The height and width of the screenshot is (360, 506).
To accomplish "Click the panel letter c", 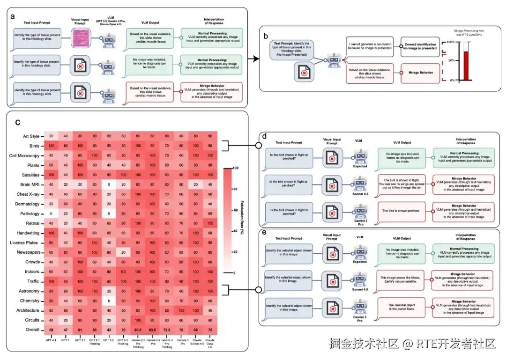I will click(x=18, y=123).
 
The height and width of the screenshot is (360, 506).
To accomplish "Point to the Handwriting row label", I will click(x=26, y=233).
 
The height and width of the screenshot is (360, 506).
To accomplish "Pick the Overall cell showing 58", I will click(x=50, y=330).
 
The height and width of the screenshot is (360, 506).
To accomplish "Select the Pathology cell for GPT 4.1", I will click(x=50, y=213).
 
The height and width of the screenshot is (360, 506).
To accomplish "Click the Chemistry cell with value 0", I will click(x=109, y=301).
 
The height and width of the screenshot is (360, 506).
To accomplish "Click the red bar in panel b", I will click(x=466, y=66).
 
